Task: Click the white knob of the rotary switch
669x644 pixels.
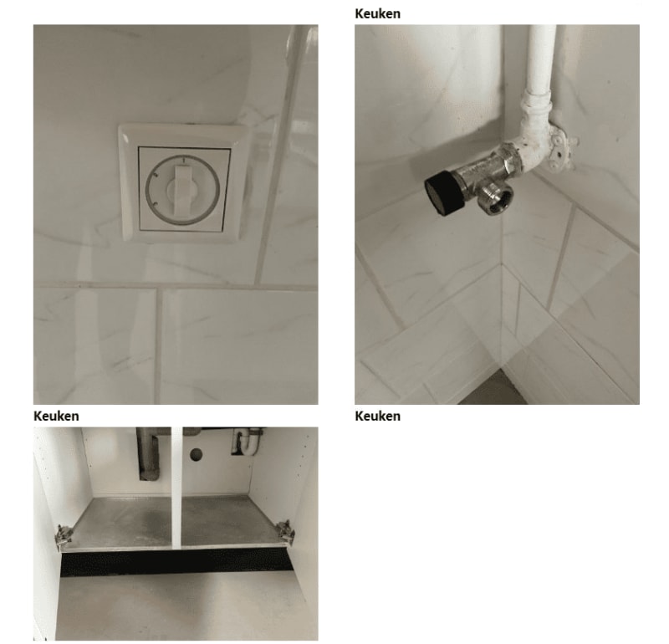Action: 181,189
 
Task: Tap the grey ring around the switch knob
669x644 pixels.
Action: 146,190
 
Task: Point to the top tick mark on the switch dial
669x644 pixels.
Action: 182,161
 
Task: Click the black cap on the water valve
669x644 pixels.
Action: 443,192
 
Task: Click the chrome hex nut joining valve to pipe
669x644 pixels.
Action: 511,159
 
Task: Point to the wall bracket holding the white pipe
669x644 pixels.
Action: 561,147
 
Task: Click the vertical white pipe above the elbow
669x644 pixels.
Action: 541,58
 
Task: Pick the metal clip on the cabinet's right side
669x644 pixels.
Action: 285,532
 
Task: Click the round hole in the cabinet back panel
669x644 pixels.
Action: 197,454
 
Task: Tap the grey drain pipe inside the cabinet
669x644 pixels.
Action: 147,454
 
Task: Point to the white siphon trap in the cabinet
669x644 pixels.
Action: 248,441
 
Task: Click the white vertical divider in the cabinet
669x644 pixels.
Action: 176,487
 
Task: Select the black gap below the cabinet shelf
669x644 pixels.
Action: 177,563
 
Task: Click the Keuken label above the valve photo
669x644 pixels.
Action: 378,13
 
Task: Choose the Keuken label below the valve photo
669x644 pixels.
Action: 378,417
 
